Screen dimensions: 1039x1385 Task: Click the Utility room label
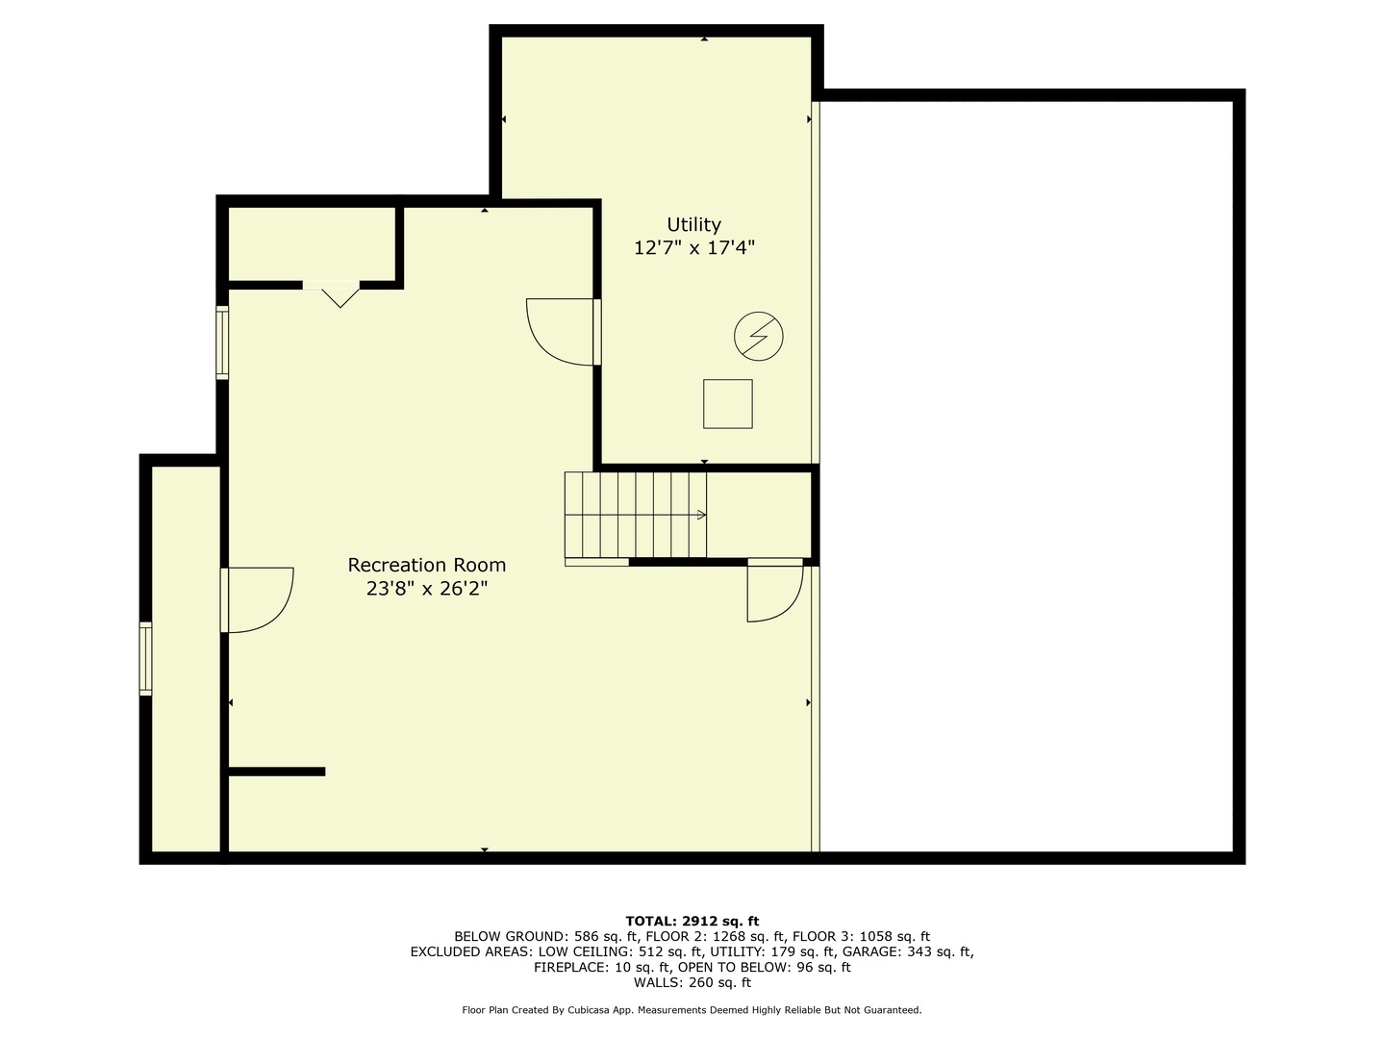pos(693,225)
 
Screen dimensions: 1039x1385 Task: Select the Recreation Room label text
pos(426,566)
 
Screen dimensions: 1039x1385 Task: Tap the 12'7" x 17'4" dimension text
pos(693,248)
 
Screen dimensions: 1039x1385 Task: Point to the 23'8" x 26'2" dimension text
pos(426,589)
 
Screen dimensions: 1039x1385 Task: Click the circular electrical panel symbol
pos(758,337)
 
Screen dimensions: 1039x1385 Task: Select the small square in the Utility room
pos(727,404)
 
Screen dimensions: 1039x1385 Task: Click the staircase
pos(635,515)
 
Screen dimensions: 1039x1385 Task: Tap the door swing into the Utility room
pos(563,332)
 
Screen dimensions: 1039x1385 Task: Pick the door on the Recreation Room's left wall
pos(257,600)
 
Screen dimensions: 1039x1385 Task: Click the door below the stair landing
pos(774,591)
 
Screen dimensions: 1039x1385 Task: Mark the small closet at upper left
pos(311,242)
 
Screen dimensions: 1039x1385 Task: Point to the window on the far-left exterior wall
pos(145,659)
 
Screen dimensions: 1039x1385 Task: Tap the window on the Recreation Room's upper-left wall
pos(222,342)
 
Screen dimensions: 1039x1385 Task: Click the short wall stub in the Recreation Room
pos(277,772)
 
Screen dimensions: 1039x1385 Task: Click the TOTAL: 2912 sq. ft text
pos(692,921)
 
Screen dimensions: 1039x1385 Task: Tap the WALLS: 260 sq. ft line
pos(692,982)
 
